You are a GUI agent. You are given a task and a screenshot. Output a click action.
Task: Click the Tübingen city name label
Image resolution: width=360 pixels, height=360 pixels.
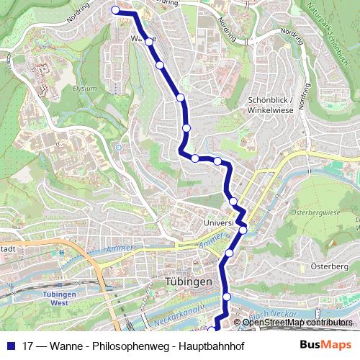(188, 282)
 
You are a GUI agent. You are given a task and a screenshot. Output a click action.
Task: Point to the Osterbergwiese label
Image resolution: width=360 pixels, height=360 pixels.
(314, 213)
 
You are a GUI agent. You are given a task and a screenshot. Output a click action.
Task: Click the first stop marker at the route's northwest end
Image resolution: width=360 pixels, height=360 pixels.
(115, 10)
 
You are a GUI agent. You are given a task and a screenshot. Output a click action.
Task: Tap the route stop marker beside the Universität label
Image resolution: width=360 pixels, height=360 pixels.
(243, 230)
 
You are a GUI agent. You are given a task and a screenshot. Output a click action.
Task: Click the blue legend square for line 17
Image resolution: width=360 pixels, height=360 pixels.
(10, 345)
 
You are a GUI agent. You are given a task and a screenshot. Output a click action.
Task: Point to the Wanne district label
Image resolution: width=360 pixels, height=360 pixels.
(143, 38)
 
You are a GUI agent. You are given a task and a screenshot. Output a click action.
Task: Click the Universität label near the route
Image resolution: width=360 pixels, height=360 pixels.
(220, 223)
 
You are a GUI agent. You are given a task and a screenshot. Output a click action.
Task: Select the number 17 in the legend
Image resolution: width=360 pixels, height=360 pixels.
(28, 345)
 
